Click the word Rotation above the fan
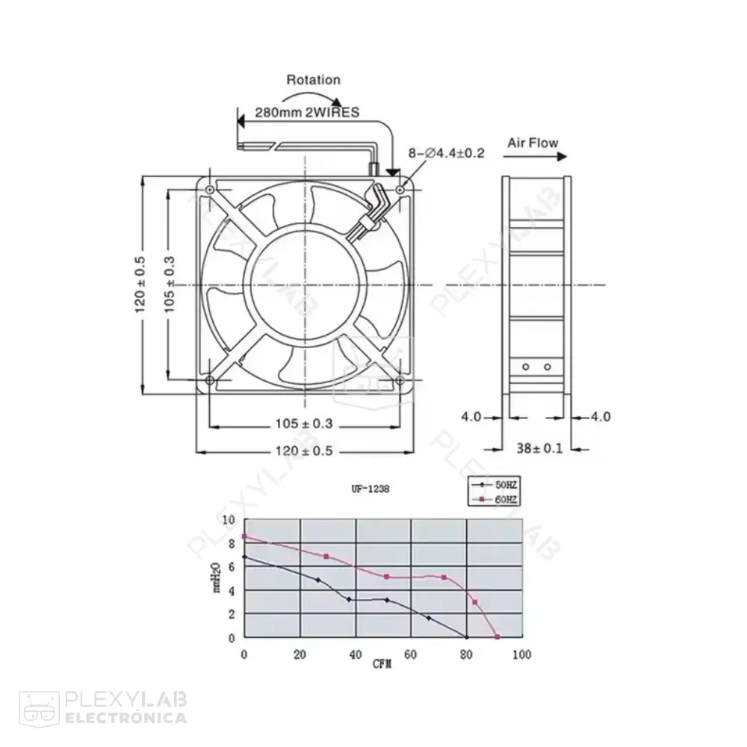coord(313,80)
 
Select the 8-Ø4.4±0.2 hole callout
coord(446,153)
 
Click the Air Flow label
coord(533,142)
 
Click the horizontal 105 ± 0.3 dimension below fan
coord(303,424)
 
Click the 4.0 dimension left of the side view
coord(471,416)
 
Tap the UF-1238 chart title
coord(370,489)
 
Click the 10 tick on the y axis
coord(228,520)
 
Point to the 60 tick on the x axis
coord(410,654)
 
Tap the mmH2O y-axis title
coord(217,578)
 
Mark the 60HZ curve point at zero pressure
coord(498,637)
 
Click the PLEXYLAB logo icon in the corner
coord(38,707)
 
